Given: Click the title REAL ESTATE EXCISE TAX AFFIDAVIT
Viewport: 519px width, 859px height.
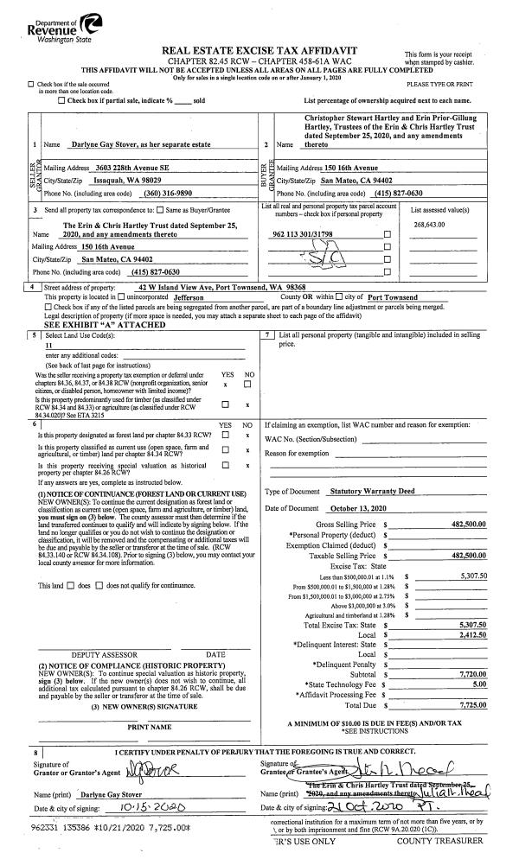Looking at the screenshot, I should pos(259,52).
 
